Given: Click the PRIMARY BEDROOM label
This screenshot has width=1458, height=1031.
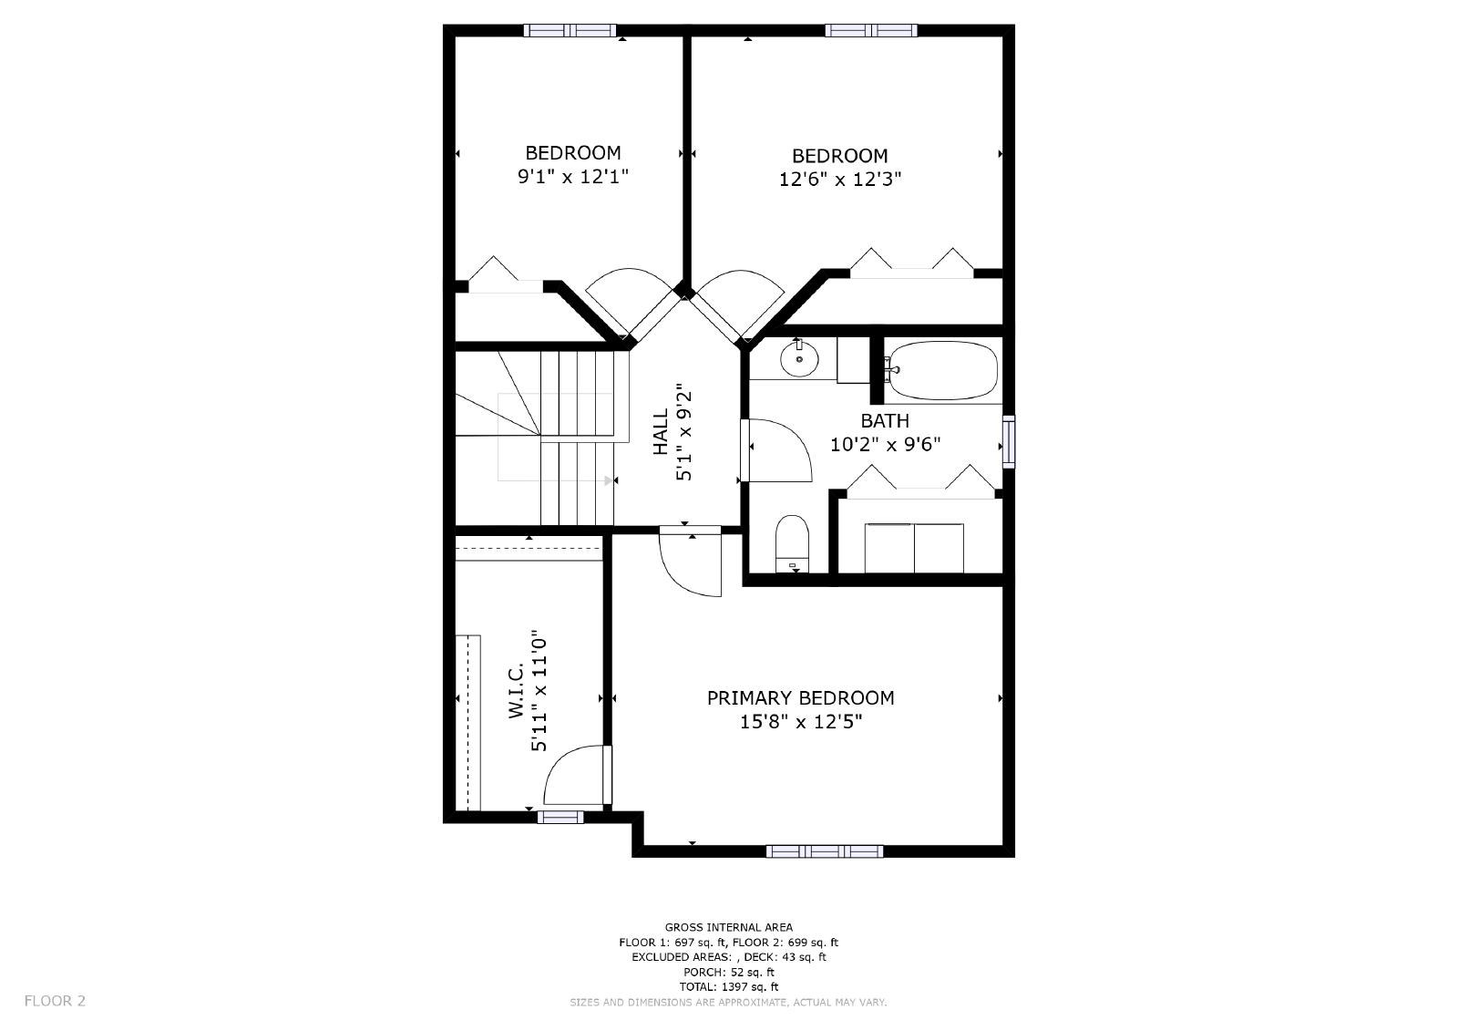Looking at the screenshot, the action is click(800, 698).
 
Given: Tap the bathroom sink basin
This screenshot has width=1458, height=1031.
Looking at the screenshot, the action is click(799, 358).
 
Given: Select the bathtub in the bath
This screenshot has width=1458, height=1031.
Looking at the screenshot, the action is click(943, 370).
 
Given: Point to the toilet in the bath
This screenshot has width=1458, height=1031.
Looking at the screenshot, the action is click(792, 543).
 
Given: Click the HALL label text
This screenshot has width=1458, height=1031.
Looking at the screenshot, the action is click(661, 432).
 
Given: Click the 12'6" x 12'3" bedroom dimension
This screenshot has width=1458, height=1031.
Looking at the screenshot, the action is click(839, 179).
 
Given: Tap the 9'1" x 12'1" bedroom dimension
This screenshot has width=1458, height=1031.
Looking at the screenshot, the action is click(573, 177).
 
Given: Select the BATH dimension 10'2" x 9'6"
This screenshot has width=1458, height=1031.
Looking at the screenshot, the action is click(885, 444).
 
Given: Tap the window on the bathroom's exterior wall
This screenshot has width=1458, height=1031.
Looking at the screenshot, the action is click(1008, 441).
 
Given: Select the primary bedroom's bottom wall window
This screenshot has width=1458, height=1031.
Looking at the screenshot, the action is click(825, 851).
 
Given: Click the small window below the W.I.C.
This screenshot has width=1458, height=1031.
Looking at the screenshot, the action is click(560, 818).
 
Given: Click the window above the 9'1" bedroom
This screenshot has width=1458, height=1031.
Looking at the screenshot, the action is click(570, 31).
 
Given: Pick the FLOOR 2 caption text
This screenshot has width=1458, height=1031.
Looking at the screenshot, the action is click(55, 1001).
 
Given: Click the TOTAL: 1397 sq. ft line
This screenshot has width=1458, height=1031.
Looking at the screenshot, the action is click(729, 987).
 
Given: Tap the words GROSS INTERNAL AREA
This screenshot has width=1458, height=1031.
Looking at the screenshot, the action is click(729, 927).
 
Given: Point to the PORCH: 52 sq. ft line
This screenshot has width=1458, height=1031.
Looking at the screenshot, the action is click(729, 973).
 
